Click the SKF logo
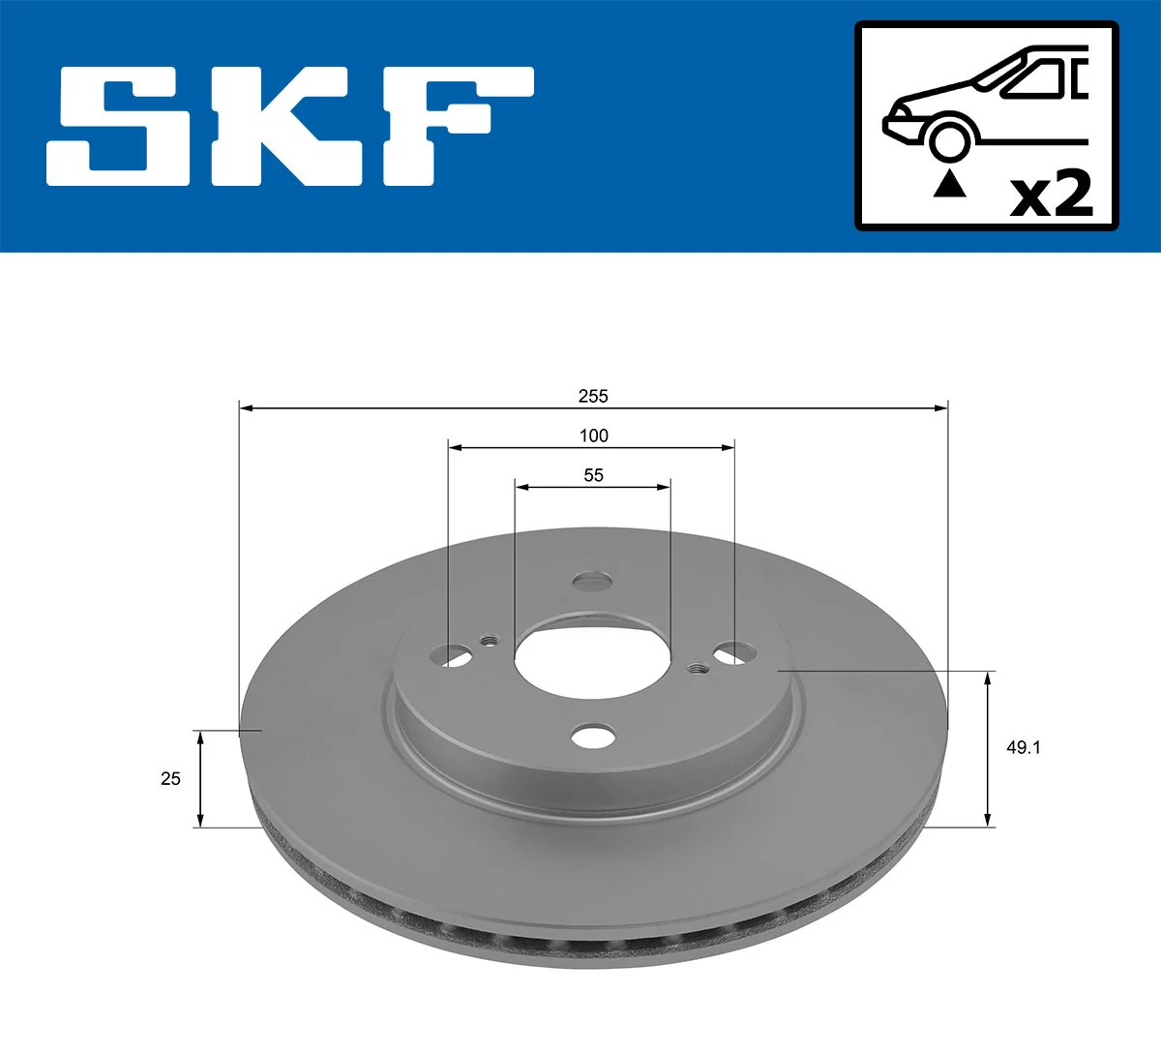coord(290,126)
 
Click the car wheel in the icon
coord(949,139)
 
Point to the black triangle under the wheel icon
coord(949,183)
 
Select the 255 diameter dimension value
coord(593,396)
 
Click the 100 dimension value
coord(593,436)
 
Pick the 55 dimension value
coord(593,475)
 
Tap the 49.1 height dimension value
coord(1023,748)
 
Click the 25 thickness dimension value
coord(170,778)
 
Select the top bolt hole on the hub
coord(592,581)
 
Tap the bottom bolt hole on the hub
coord(593,736)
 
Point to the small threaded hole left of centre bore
coord(490,640)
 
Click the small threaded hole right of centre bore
coord(696,668)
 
